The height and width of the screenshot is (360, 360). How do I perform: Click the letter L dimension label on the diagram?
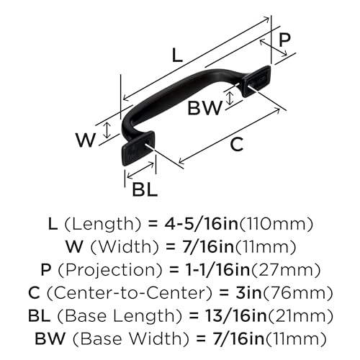[x=178, y=55]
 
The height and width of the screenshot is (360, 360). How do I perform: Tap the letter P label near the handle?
[x=284, y=40]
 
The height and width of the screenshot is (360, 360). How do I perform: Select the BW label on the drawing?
[x=204, y=108]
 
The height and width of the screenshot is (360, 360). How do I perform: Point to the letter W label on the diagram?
[x=86, y=140]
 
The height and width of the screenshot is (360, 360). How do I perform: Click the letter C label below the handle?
[x=237, y=145]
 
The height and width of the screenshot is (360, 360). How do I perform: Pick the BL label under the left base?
[x=145, y=189]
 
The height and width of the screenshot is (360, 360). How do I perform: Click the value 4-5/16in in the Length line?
[x=201, y=224]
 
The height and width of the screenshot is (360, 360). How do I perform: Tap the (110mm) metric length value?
[x=276, y=225]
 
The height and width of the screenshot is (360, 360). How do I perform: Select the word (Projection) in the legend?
[x=110, y=271]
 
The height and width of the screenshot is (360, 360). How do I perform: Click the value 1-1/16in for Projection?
[x=218, y=270]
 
